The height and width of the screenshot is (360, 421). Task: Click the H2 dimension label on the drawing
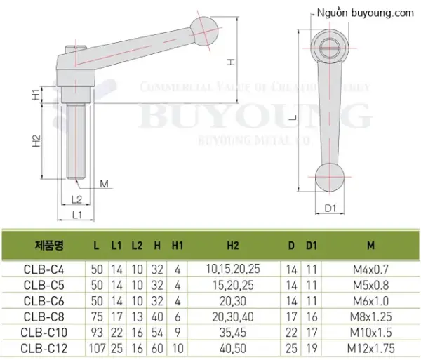[36, 140]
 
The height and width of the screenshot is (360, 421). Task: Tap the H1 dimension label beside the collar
[36, 95]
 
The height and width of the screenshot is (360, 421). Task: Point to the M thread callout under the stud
[104, 184]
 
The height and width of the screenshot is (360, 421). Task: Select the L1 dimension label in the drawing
[76, 215]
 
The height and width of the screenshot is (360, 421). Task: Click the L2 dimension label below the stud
[76, 200]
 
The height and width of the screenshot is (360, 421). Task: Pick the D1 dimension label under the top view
[330, 208]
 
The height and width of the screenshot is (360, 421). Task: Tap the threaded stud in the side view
[76, 141]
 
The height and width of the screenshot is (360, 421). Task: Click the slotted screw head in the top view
[330, 48]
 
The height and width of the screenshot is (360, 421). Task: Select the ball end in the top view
[330, 178]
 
